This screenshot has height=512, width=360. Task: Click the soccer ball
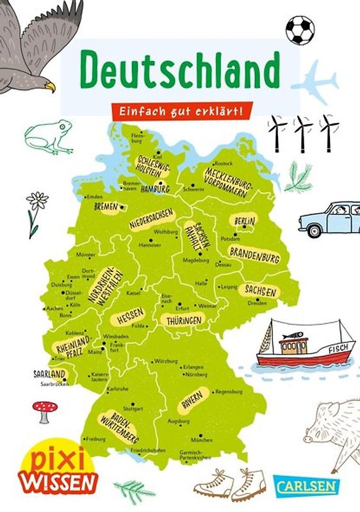[x=300, y=29]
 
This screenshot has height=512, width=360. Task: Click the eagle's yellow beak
[x=49, y=86]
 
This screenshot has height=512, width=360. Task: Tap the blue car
[x=329, y=218]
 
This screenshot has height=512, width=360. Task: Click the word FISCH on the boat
[x=336, y=350]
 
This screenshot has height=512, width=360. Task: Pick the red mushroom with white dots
[x=44, y=409]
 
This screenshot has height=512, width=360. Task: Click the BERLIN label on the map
[x=245, y=221]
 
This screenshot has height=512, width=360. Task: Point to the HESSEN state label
[x=127, y=316]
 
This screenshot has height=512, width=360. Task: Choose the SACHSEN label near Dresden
[x=260, y=291]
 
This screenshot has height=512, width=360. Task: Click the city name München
[x=201, y=441]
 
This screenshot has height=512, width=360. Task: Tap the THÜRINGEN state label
[x=184, y=320]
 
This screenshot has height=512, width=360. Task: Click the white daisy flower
[x=37, y=202]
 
